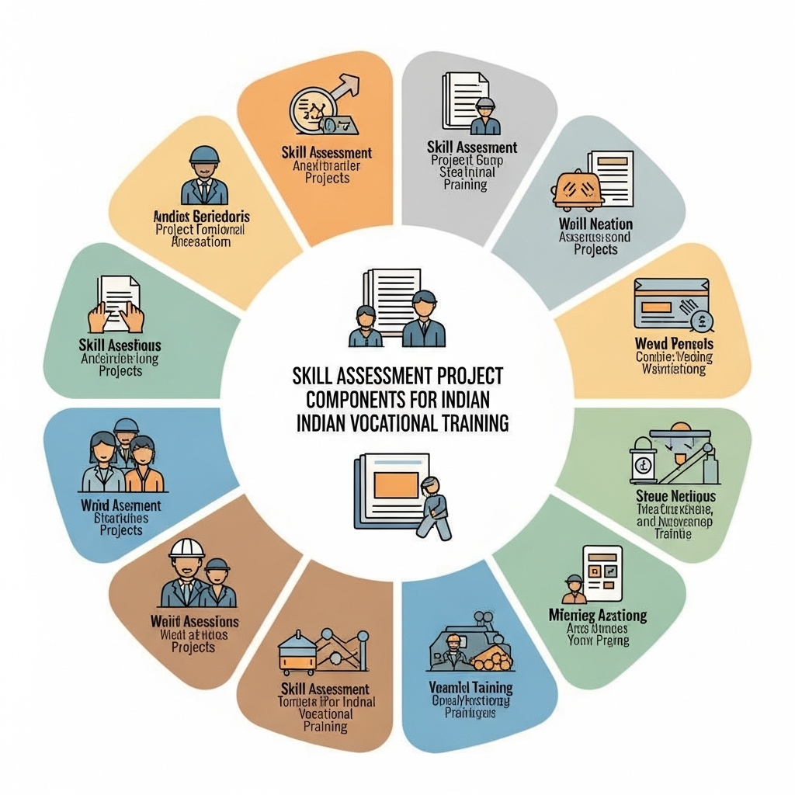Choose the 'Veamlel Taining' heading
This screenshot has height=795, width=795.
click(470, 688)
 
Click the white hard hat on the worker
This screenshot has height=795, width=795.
click(186, 548)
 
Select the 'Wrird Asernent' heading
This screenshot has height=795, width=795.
click(121, 506)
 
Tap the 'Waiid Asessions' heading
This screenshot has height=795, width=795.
click(194, 622)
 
